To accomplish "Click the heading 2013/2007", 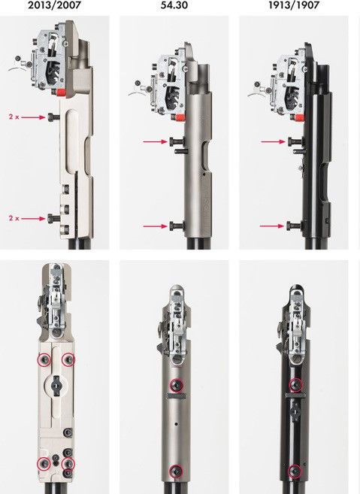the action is [54, 5].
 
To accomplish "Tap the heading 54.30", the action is [174, 5].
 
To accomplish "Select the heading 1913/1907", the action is [294, 5].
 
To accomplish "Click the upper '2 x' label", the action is [14, 117].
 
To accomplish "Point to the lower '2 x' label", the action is [14, 218].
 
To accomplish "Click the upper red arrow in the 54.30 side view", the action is [156, 142].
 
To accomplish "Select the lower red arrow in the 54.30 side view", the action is [156, 226].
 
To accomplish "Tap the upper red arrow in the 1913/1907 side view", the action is [273, 142].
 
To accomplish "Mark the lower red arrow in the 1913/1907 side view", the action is [272, 226].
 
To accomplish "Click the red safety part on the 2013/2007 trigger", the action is [61, 92].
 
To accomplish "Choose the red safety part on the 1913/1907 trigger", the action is [300, 117].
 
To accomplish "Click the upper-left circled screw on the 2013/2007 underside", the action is [44, 360].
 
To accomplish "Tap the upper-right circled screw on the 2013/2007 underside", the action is [68, 360].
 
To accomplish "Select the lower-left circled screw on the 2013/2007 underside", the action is [44, 463].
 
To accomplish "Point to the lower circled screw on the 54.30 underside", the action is [176, 471].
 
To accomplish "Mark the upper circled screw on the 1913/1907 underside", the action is [296, 384].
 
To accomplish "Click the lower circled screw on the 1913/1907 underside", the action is [295, 471].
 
